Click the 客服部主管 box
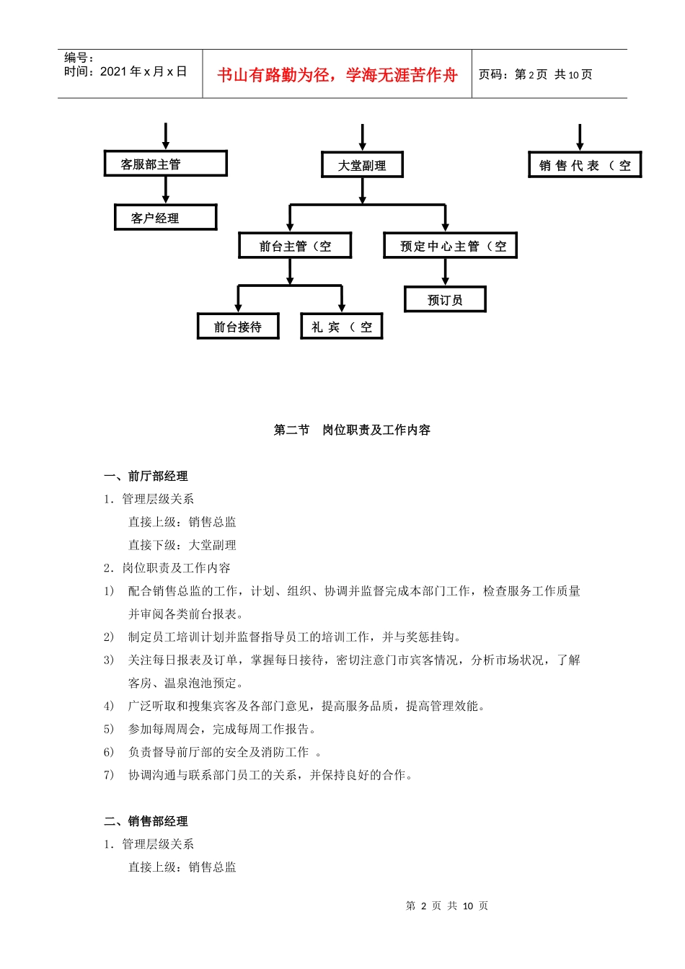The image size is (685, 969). (165, 164)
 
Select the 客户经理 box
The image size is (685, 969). (165, 218)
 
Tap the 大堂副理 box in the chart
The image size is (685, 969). (362, 165)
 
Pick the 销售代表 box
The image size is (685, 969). (584, 165)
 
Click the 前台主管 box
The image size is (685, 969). (295, 246)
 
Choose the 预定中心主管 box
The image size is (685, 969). (450, 246)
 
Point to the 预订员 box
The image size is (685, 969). (445, 300)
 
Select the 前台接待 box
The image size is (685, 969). (238, 327)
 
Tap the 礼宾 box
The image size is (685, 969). (341, 327)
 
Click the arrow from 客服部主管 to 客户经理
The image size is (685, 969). (166, 190)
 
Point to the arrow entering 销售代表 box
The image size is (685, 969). (580, 137)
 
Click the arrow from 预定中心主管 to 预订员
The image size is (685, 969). (445, 273)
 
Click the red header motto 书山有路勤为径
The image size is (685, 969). (337, 75)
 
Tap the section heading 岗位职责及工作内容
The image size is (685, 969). (376, 430)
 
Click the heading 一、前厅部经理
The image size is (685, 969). (146, 476)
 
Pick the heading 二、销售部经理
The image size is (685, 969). (146, 821)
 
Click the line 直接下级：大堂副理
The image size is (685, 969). (182, 545)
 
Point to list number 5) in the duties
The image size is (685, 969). (109, 729)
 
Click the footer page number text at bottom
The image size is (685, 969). (447, 906)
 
